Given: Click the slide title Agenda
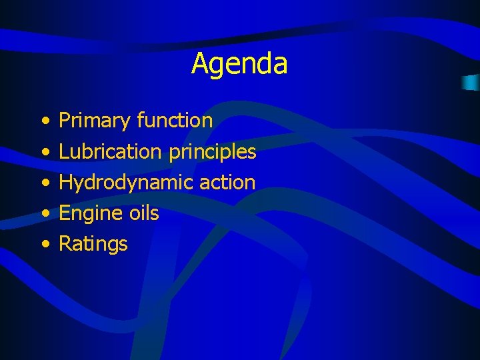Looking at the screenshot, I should click(x=239, y=64).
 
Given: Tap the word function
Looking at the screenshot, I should click(x=175, y=121).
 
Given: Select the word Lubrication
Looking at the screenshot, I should click(x=110, y=151).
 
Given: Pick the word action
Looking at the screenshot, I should click(x=227, y=182).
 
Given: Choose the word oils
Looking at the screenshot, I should click(x=143, y=213).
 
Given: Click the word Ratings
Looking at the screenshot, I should click(x=93, y=245).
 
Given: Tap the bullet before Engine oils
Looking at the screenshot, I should click(x=44, y=214).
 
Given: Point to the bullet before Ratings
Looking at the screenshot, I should click(x=44, y=245).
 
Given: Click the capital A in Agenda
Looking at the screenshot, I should click(x=199, y=64).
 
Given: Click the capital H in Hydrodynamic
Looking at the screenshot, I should click(x=65, y=182).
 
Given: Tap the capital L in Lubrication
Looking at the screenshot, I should click(x=63, y=151).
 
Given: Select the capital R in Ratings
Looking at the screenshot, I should click(x=65, y=243).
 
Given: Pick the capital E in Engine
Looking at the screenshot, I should click(x=65, y=213).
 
